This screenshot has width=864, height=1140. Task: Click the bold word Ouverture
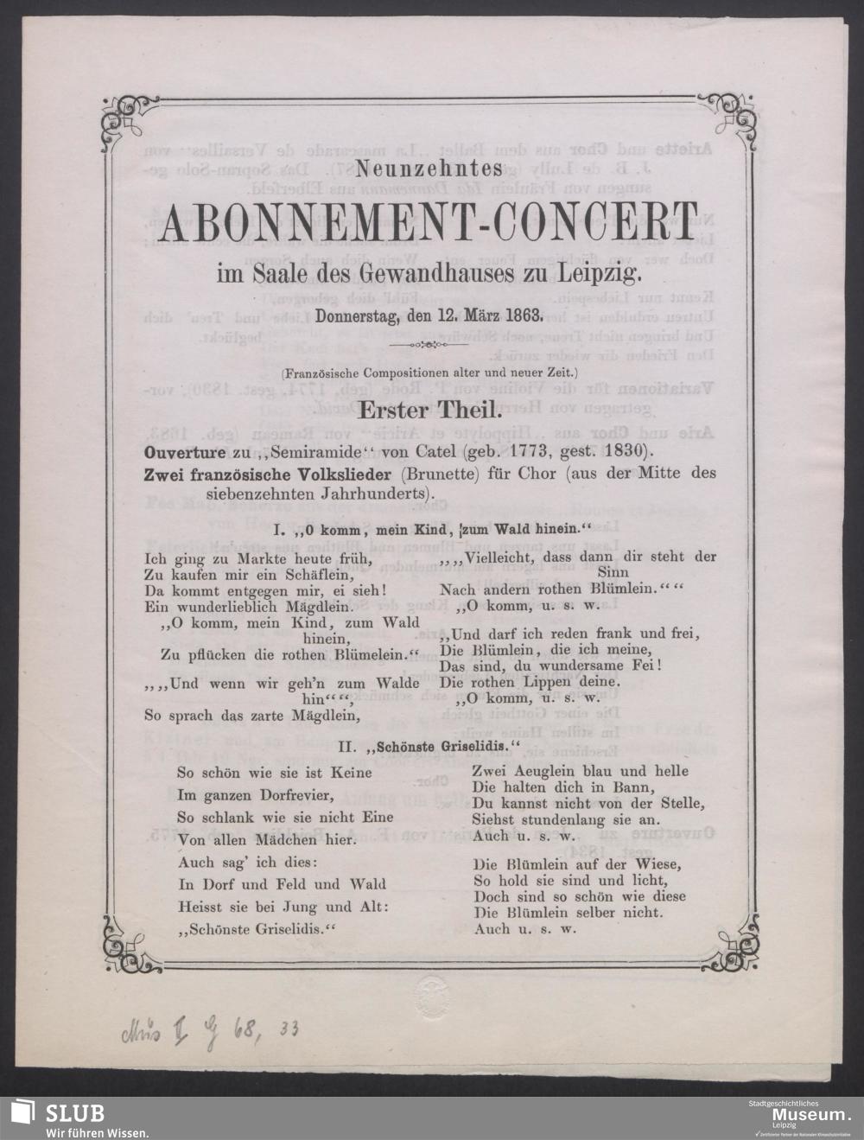(x=181, y=454)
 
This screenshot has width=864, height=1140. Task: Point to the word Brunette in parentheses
(x=442, y=474)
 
